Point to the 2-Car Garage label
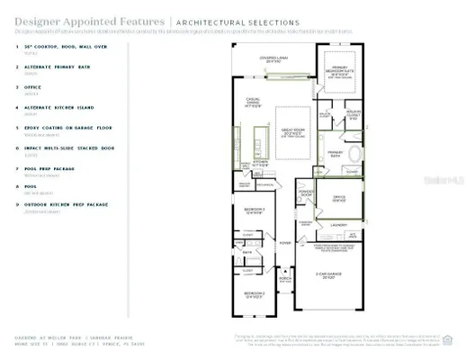[x=329, y=275]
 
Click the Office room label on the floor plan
[x=339, y=197]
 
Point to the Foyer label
[x=285, y=242]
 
